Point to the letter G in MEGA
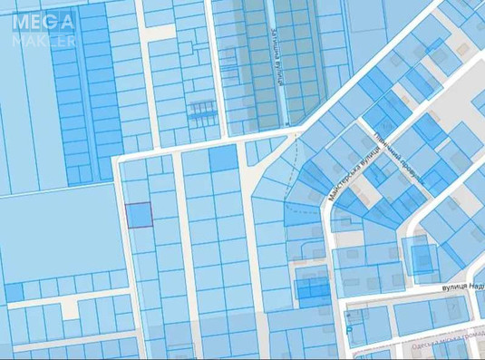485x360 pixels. (x=49, y=19)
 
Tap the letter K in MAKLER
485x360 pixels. (x=42, y=40)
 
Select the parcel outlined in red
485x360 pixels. (x=138, y=215)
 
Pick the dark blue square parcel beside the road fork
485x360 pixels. (x=222, y=159)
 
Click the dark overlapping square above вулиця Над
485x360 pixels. (x=422, y=258)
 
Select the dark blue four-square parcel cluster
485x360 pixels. (x=314, y=288)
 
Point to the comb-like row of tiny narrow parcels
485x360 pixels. (x=201, y=110)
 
